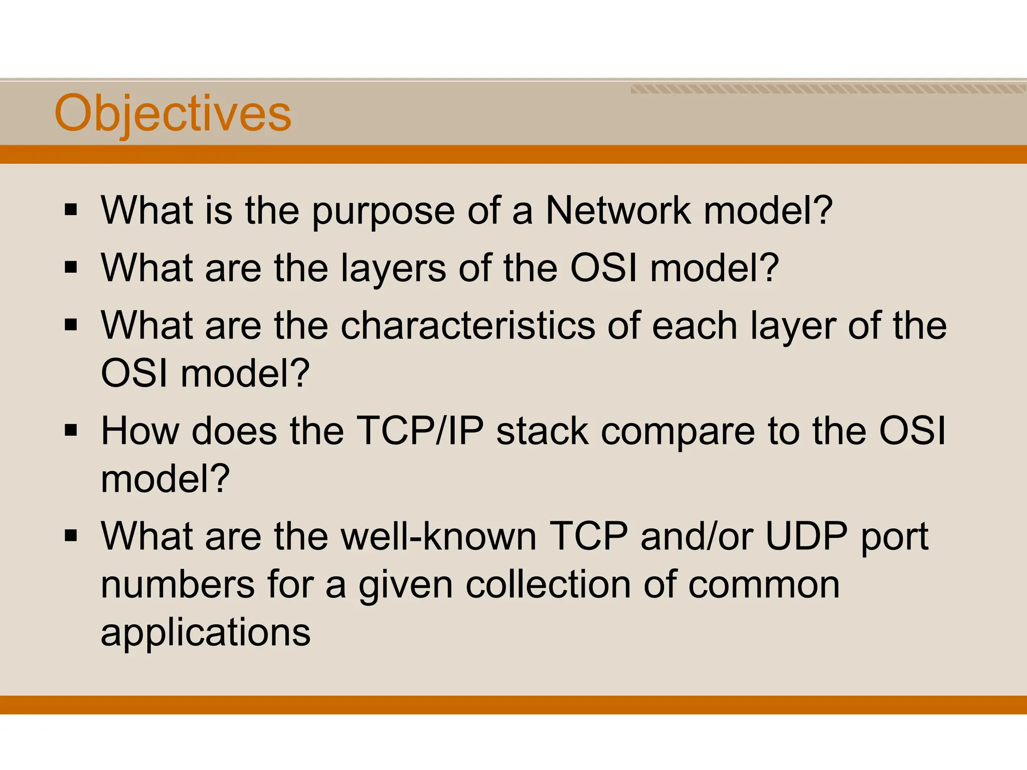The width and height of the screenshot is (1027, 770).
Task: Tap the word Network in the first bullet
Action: pyautogui.click(x=618, y=210)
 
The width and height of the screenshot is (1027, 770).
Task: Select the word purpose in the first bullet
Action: pyautogui.click(x=383, y=212)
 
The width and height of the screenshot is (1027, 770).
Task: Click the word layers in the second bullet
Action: pyautogui.click(x=393, y=269)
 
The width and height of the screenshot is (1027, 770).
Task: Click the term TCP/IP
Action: pyautogui.click(x=420, y=431)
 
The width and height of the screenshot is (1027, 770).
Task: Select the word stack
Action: pyautogui.click(x=542, y=431)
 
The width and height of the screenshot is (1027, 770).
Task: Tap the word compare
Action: pyautogui.click(x=677, y=434)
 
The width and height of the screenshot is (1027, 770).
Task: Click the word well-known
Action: pyautogui.click(x=439, y=536)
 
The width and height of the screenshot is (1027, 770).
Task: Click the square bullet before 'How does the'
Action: pyautogui.click(x=71, y=431)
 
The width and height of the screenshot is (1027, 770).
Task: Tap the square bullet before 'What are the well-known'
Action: pyautogui.click(x=71, y=536)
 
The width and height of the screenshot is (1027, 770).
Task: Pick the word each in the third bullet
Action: pyautogui.click(x=695, y=326)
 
